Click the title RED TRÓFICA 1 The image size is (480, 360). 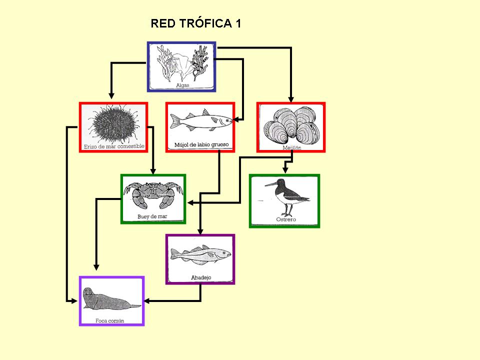click(195, 23)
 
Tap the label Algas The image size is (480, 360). click(181, 85)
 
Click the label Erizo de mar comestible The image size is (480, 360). click(113, 146)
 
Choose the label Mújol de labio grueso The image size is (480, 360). click(201, 145)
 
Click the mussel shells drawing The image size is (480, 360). click(291, 125)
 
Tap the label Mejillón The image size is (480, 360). click(292, 148)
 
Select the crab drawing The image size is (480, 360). click(153, 194)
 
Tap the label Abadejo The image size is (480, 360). click(200, 277)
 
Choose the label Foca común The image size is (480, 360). click(109, 320)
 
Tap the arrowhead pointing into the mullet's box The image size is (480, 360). click(238, 119)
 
